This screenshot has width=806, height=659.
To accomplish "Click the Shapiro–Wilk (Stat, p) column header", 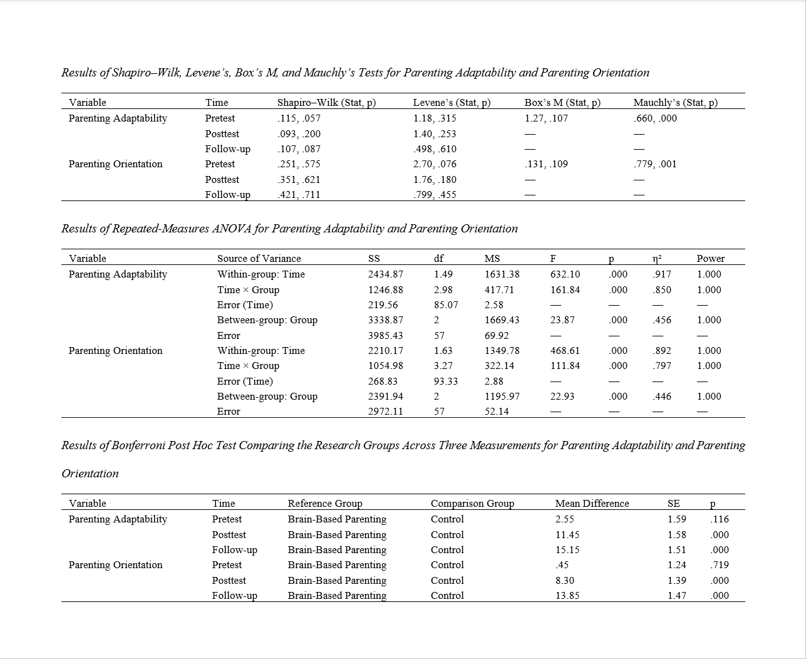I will [326, 103].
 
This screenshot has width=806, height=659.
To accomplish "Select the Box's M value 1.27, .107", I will [545, 118].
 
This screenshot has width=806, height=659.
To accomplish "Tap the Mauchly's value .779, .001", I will [655, 164].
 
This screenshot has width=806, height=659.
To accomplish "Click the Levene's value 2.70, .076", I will [435, 164].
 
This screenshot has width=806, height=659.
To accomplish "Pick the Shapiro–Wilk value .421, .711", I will [299, 195].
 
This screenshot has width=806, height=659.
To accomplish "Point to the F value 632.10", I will [565, 274].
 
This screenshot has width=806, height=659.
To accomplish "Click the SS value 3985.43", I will [385, 336].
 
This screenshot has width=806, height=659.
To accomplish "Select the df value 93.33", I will [445, 381].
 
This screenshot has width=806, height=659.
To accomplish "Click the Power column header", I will [710, 259].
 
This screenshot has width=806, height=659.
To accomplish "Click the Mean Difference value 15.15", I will [567, 550].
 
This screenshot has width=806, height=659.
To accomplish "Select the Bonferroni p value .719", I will [720, 565].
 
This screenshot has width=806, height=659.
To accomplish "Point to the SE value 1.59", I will [677, 519].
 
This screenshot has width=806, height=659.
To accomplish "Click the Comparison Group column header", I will [472, 504].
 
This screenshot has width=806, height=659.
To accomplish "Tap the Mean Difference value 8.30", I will [565, 581].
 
